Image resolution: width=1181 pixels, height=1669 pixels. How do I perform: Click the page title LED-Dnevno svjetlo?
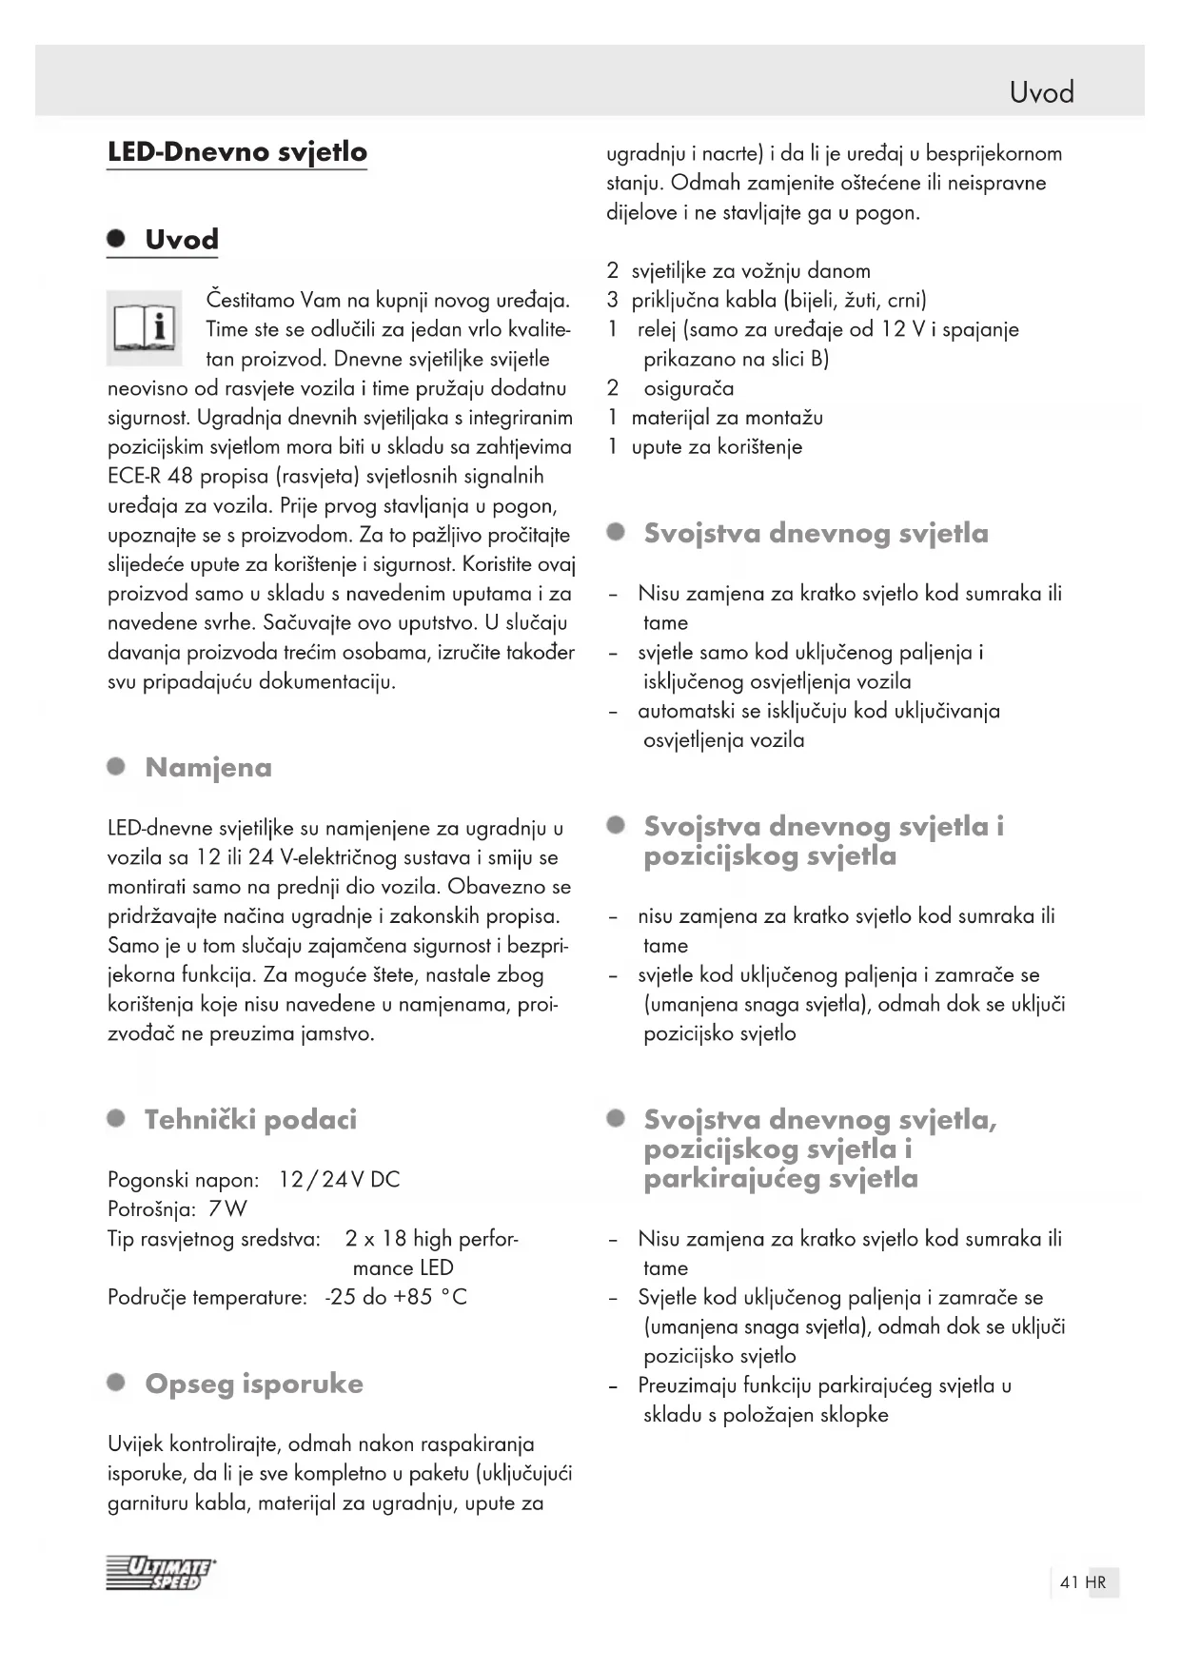[x=237, y=152]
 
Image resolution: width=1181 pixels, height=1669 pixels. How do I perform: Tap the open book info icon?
[x=145, y=328]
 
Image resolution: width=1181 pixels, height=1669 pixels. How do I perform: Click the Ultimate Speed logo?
[x=161, y=1574]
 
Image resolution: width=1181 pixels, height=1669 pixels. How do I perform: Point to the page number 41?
[x=1069, y=1582]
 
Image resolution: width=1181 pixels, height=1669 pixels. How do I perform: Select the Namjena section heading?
[x=208, y=768]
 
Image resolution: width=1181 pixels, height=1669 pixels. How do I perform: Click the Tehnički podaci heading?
[x=250, y=1120]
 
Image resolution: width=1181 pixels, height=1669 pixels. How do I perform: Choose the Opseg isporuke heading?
[x=254, y=1384]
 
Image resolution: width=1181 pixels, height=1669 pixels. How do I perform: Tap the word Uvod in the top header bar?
[x=1041, y=92]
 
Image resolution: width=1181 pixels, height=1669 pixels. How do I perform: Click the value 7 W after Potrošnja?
[x=227, y=1209]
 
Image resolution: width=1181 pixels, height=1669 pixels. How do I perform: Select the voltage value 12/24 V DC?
[x=339, y=1180]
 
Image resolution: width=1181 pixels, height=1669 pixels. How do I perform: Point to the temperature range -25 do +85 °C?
[x=396, y=1298]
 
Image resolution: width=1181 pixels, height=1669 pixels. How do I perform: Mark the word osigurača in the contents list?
[x=688, y=388]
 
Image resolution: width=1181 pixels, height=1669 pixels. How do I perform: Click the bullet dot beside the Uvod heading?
[x=116, y=239]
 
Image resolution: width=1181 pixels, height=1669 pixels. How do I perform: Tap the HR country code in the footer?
[x=1095, y=1582]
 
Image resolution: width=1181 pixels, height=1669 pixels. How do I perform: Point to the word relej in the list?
[x=657, y=330]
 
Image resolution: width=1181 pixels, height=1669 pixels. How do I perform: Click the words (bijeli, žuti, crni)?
[x=855, y=301]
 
